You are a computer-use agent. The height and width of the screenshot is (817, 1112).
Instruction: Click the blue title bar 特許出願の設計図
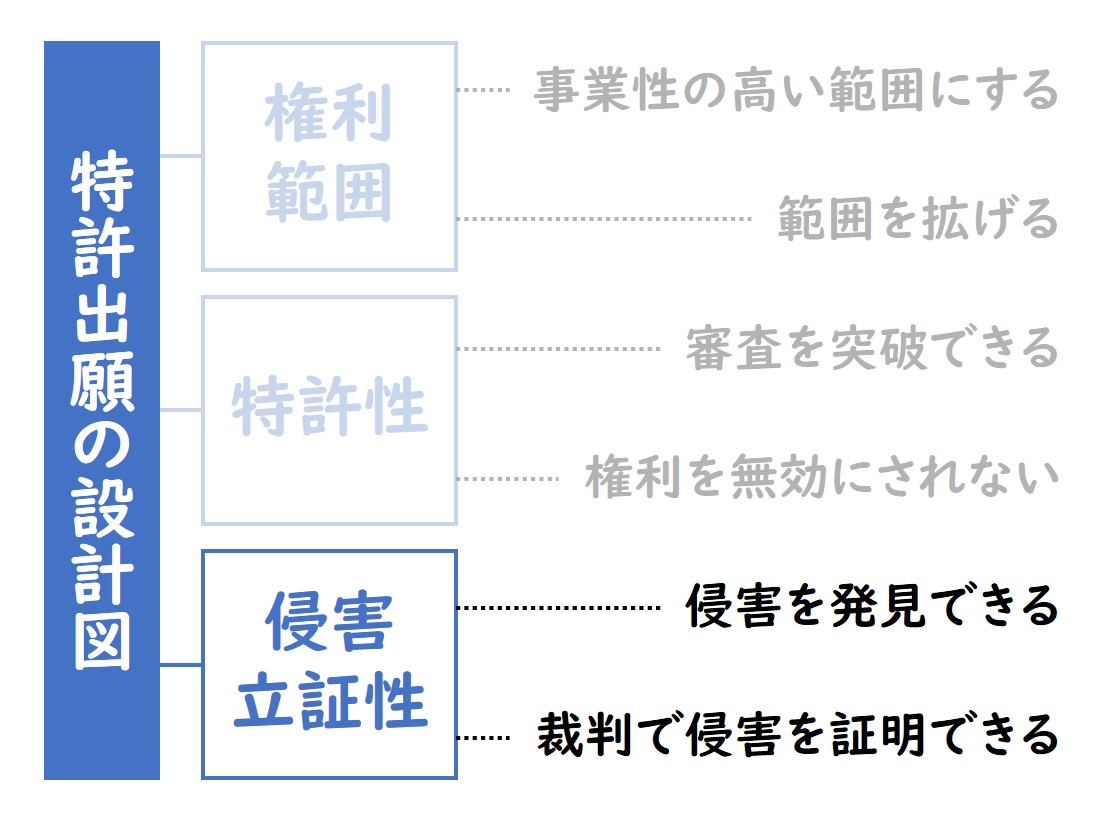tap(102, 410)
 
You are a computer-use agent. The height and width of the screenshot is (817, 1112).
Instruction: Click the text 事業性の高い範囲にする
tap(796, 90)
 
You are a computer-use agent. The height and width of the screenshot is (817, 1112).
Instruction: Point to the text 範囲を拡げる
tap(918, 218)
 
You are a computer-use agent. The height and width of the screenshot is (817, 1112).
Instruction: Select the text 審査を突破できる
tap(872, 348)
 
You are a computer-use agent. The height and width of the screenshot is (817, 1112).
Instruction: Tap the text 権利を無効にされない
tap(821, 477)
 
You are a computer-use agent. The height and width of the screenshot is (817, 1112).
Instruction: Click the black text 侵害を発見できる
tap(872, 606)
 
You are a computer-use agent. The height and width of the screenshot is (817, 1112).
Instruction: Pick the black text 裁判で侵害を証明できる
tap(798, 735)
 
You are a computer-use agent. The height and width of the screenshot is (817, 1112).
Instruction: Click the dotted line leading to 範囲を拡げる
tap(604, 219)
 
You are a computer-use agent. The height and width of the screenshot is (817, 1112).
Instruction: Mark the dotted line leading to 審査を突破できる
tap(559, 349)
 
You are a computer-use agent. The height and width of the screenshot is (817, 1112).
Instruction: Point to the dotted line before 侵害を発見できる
tap(559, 608)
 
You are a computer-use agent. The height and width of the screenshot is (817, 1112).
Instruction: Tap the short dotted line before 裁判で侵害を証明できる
tap(484, 738)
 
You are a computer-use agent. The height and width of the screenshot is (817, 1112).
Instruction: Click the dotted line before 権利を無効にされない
tap(508, 479)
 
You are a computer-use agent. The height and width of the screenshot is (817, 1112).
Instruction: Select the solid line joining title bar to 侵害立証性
tap(181, 665)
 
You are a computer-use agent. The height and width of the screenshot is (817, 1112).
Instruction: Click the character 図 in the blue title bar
tap(102, 640)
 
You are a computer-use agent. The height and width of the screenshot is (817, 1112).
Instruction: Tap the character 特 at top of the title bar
tap(102, 181)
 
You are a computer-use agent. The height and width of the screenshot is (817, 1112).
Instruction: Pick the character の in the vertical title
tap(102, 445)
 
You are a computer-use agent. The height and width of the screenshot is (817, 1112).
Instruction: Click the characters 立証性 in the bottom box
tap(330, 701)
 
